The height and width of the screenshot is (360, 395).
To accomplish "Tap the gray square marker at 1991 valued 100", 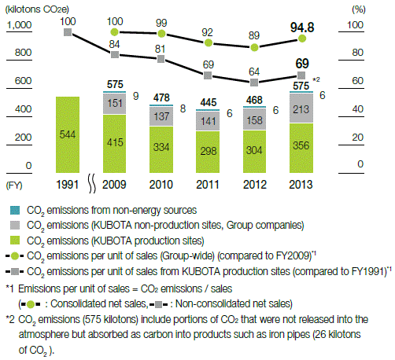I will point(68,34).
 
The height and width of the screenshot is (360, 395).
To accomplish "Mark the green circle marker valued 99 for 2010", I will point(161,35).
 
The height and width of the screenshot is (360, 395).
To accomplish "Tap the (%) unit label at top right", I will point(359,8).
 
